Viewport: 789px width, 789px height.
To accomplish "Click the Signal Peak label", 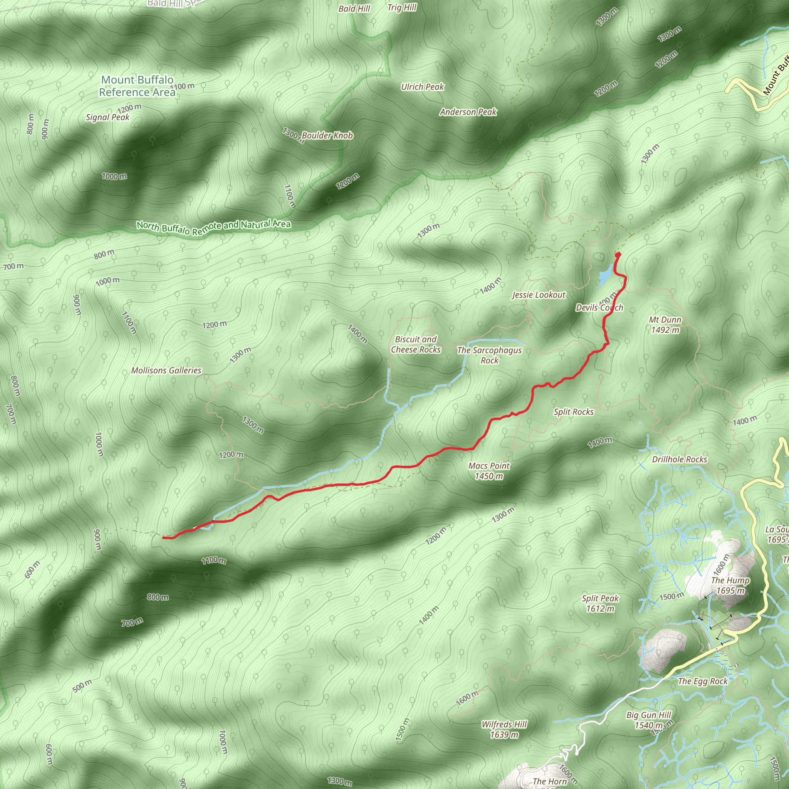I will [x=107, y=117].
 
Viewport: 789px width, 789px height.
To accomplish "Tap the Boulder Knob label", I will [x=327, y=136].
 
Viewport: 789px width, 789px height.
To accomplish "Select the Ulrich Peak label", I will [x=422, y=87].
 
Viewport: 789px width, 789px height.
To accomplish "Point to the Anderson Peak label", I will [x=468, y=112].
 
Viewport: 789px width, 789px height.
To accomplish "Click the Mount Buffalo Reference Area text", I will [x=137, y=86].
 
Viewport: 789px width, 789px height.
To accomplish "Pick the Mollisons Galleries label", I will [x=166, y=370].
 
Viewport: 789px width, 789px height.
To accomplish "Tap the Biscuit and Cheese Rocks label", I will [x=416, y=344].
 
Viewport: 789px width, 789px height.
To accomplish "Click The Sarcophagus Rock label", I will [x=489, y=355].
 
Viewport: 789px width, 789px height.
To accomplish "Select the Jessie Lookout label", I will [x=539, y=295].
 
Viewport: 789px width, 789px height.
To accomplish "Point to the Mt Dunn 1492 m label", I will [x=665, y=325].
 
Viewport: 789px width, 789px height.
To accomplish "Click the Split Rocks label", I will [x=573, y=412].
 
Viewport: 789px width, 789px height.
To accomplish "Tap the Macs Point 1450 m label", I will [x=489, y=471].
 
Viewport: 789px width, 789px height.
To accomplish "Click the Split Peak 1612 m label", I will [x=600, y=603].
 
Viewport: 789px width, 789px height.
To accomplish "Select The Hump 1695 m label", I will [x=730, y=585].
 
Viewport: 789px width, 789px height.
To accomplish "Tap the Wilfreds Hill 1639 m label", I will [x=504, y=729].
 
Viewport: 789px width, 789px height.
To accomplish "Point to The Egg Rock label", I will [x=702, y=681].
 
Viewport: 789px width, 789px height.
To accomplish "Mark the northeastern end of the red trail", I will [x=618, y=254].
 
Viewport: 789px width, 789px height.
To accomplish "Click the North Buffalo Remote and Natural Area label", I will [x=213, y=227].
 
